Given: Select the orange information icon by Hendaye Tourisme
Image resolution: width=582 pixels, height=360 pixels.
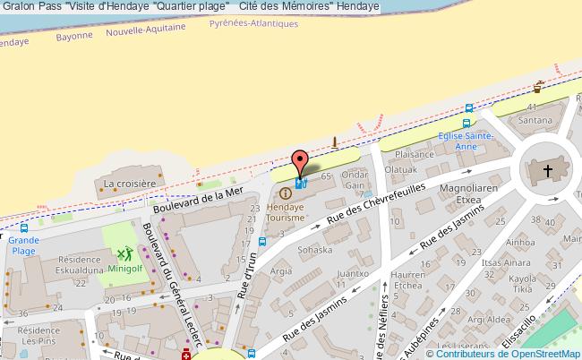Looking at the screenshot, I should pos(286,193).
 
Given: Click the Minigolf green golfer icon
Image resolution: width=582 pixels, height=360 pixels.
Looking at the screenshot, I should pos(122,254).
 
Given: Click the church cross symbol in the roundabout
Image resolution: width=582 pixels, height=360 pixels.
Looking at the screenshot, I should pos(547,170).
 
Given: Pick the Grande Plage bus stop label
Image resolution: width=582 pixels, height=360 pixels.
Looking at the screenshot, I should pos(24,245).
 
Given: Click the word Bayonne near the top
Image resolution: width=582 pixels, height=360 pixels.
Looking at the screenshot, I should pos(74,35).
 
